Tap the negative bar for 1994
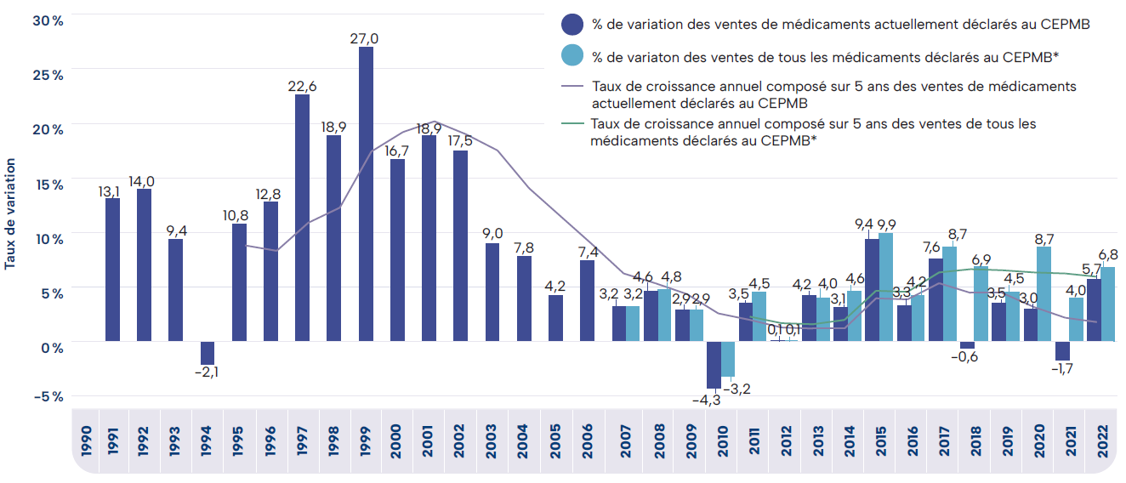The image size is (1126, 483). pyautogui.click(x=207, y=353)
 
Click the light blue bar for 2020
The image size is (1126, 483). pyautogui.click(x=1044, y=294)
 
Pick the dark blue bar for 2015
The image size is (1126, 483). pyautogui.click(x=872, y=290)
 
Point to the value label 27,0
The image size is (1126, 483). pyautogui.click(x=365, y=38)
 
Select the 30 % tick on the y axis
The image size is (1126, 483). pyautogui.click(x=48, y=20)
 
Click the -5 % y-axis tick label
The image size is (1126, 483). pyautogui.click(x=48, y=396)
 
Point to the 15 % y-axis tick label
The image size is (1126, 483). pyautogui.click(x=48, y=185)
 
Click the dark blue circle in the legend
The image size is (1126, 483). pyautogui.click(x=572, y=24)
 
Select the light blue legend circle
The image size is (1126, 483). pyautogui.click(x=572, y=56)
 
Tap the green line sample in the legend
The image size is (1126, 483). pyautogui.click(x=572, y=124)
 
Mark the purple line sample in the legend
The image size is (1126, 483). pyautogui.click(x=572, y=86)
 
